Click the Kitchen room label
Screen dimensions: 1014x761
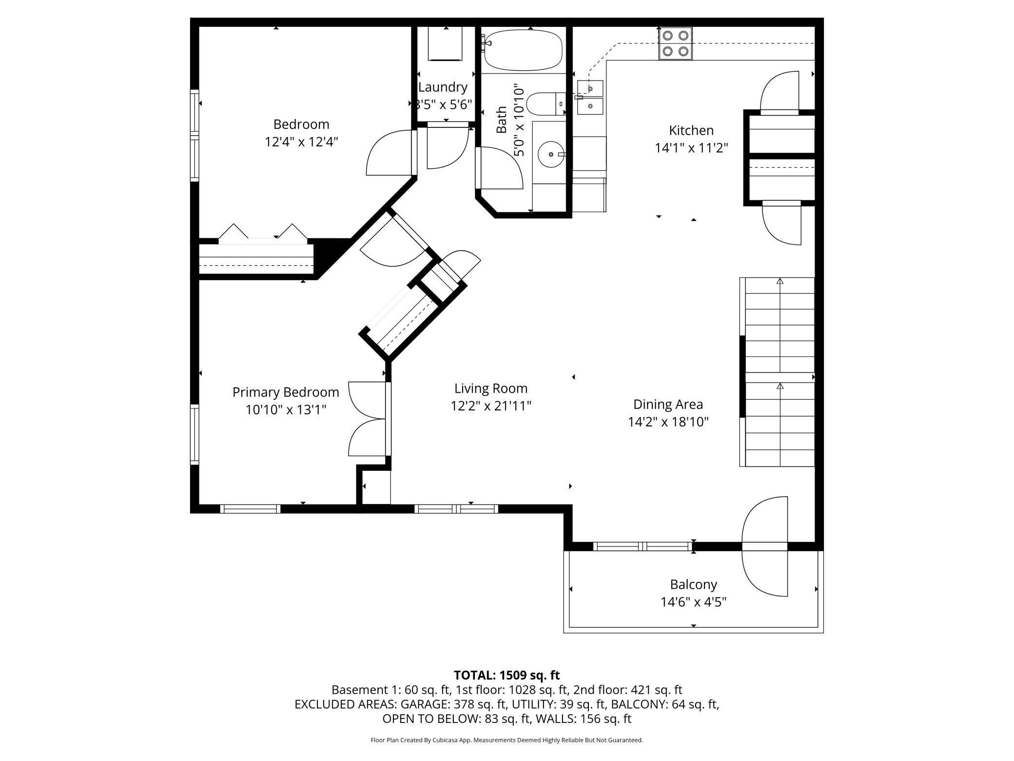691,130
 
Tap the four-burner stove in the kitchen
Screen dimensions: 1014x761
676,43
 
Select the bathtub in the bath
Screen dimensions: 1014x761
523,50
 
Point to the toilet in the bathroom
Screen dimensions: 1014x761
546,103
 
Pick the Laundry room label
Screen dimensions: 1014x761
443,87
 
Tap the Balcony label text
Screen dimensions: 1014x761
693,584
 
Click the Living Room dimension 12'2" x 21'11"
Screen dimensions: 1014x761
491,406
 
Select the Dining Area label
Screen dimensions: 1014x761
668,404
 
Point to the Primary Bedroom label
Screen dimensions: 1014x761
286,392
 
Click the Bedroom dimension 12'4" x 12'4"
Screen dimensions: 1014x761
301,142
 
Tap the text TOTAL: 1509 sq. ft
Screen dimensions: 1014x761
507,675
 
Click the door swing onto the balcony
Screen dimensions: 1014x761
764,546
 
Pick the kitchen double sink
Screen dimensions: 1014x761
590,97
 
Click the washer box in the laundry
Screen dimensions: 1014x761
445,43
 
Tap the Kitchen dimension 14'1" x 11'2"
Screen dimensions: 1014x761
691,148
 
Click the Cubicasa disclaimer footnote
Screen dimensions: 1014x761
507,740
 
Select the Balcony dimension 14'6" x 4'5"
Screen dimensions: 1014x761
693,602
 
